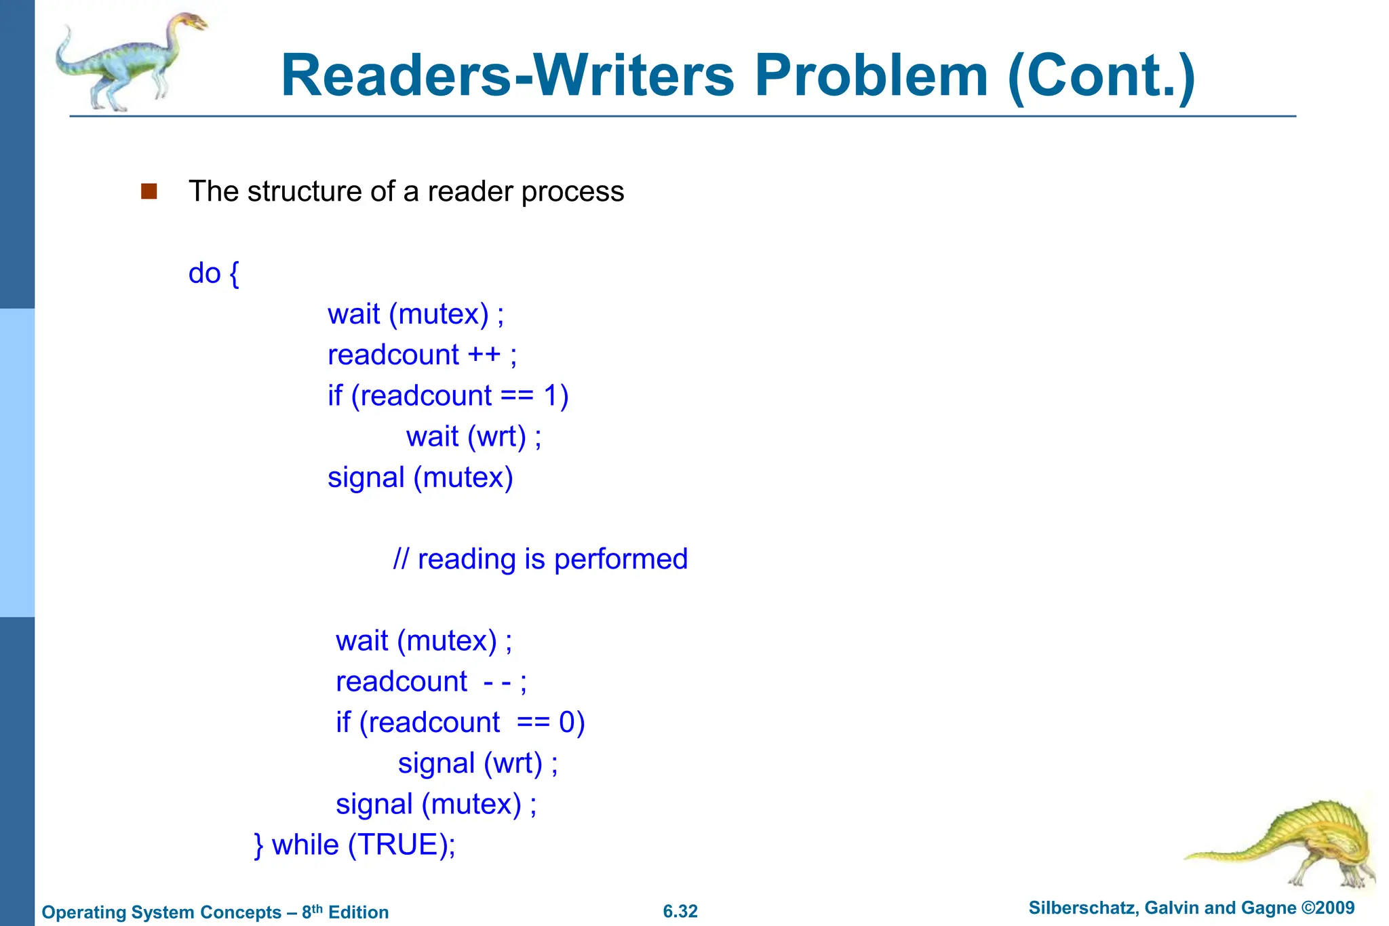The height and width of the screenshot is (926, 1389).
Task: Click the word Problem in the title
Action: point(871,76)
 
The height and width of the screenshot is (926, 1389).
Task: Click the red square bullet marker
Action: point(149,191)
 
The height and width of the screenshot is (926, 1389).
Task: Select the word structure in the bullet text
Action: point(305,191)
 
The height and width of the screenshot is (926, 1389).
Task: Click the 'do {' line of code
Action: point(214,273)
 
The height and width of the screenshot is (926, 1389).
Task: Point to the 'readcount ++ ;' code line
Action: point(422,355)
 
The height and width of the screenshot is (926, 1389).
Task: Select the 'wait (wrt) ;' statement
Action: point(473,436)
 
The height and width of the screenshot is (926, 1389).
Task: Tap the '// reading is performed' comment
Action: point(540,559)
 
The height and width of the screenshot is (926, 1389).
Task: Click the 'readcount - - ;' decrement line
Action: point(431,682)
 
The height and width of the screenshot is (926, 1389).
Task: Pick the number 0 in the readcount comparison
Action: point(568,722)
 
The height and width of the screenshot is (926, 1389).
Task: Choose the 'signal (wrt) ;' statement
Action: point(477,763)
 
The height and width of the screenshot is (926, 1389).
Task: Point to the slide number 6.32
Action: point(680,911)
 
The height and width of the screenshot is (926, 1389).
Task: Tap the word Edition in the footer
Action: point(358,912)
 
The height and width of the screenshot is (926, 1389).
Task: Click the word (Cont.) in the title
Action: point(1101,76)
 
